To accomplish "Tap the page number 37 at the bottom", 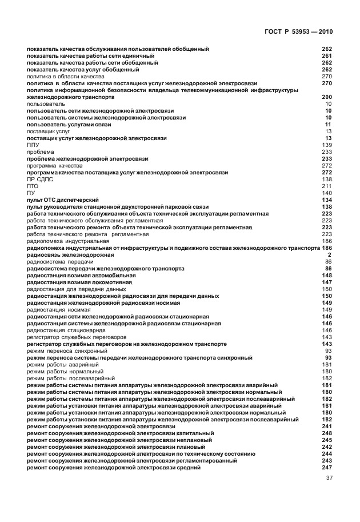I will [329, 487].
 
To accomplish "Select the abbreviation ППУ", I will [33, 145].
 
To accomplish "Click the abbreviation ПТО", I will [33, 186].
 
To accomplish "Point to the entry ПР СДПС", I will [40, 180].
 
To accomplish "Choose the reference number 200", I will [327, 97].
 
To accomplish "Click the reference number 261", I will [327, 56].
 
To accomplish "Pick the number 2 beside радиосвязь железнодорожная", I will [330, 255].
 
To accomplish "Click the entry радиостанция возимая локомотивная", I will [79, 282].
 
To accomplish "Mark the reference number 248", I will [327, 433].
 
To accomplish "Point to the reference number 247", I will [327, 468].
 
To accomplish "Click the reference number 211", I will [327, 186].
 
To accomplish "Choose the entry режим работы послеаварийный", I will [71, 378].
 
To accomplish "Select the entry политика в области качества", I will [66, 77].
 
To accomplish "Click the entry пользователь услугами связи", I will [69, 125].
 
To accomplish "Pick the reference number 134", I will [327, 200].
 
